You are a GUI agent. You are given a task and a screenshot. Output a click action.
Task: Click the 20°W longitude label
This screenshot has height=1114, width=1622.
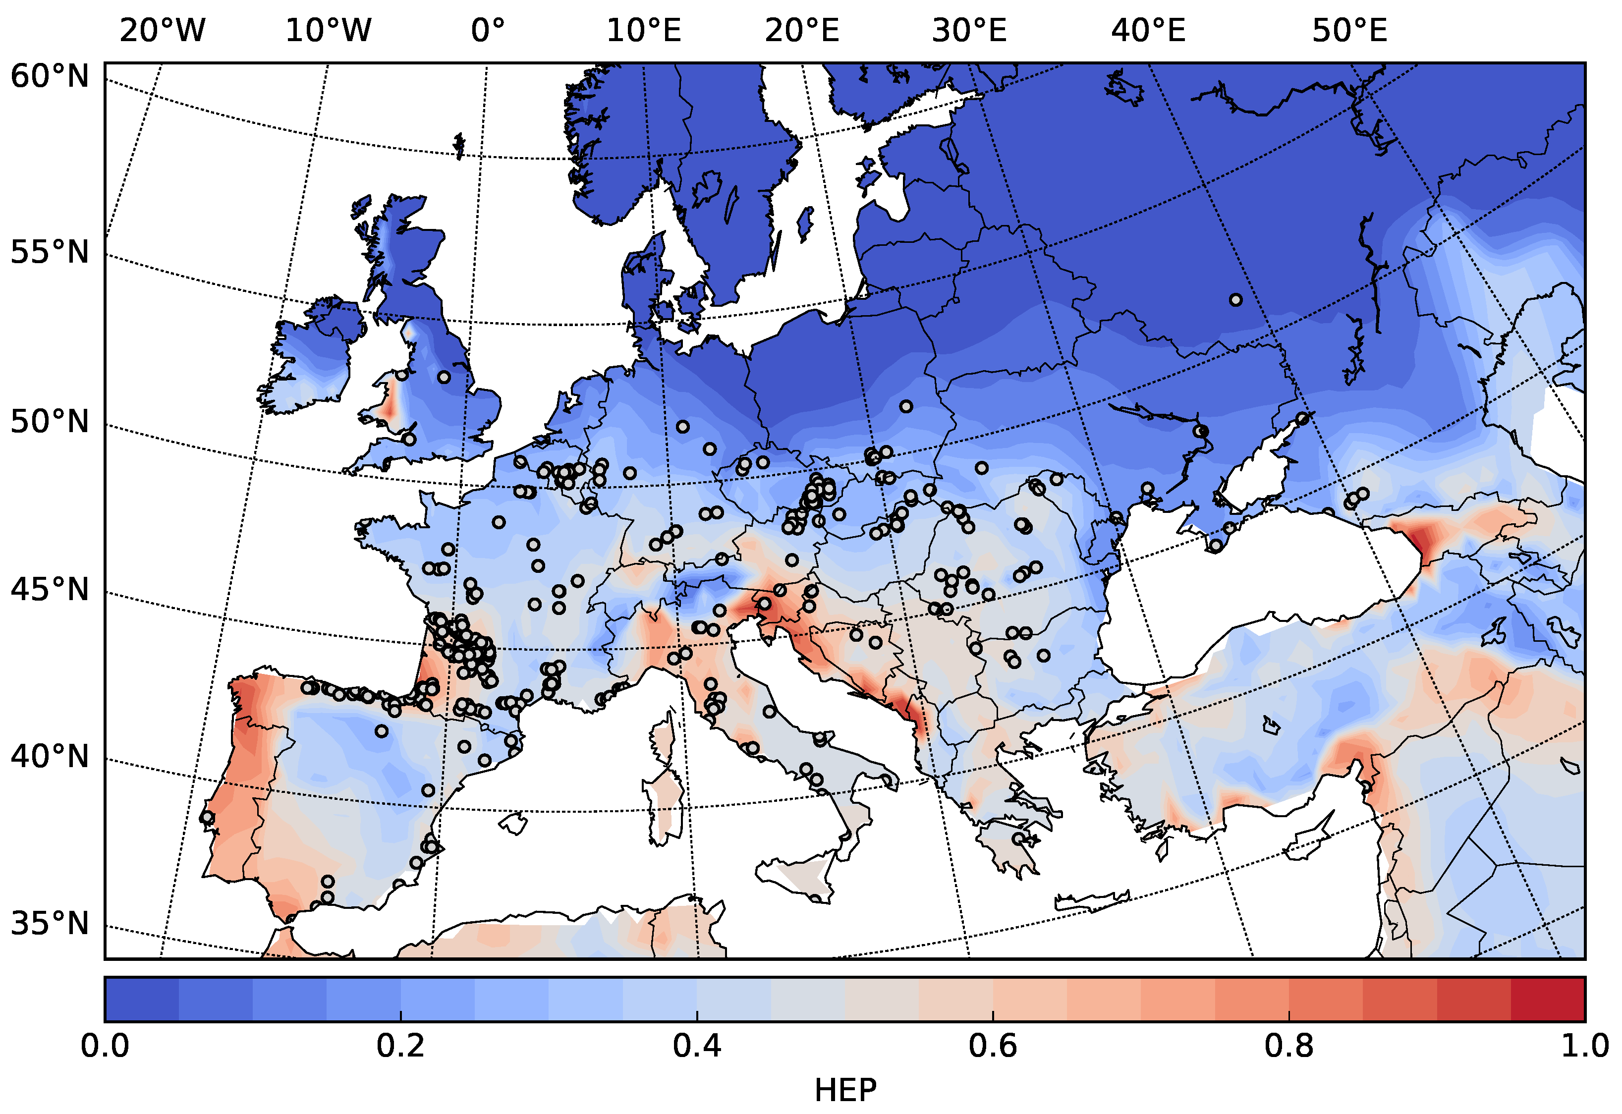[162, 31]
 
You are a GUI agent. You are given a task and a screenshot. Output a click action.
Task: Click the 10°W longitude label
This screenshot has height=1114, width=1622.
[328, 31]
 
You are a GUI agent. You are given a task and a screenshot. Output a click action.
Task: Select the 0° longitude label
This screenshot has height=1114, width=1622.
[487, 31]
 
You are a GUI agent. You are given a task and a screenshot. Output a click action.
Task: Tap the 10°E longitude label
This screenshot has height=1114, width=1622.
[643, 31]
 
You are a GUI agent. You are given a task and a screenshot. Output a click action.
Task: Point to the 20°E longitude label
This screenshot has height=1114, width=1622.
[802, 31]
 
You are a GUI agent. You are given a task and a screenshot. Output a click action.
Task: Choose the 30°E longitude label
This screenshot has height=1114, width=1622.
[969, 31]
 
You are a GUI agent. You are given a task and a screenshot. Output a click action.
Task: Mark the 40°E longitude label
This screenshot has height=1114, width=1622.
[1149, 31]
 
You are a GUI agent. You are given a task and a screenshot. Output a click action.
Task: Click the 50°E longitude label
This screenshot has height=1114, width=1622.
[1349, 31]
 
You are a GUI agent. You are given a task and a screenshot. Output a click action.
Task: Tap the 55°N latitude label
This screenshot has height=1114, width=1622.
[50, 253]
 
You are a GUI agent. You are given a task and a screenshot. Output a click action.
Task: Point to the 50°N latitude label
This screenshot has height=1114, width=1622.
[50, 422]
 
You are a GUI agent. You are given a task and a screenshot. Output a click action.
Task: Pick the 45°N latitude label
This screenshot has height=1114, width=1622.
[50, 590]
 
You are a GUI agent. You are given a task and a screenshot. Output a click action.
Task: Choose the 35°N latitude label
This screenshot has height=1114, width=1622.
[50, 923]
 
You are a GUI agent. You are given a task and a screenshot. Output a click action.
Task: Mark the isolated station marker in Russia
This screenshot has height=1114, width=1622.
[1235, 300]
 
